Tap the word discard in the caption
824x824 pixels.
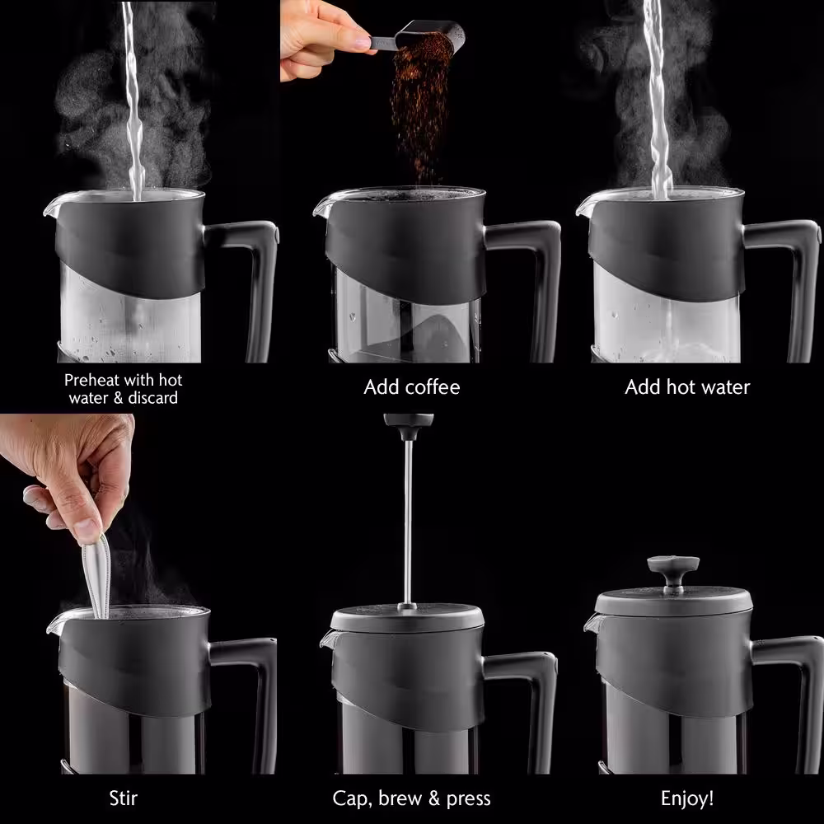[x=153, y=397]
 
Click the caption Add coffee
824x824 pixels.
[x=411, y=386]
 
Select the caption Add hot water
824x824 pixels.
[x=687, y=386]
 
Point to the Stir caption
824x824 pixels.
[x=124, y=798]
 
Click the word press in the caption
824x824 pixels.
[x=468, y=799]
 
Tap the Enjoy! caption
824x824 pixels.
[x=687, y=798]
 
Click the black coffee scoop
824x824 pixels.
[x=420, y=37]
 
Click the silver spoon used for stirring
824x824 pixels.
[x=96, y=575]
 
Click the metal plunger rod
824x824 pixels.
[x=408, y=523]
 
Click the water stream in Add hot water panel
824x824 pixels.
[x=658, y=100]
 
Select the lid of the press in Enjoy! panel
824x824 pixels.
[x=673, y=602]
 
